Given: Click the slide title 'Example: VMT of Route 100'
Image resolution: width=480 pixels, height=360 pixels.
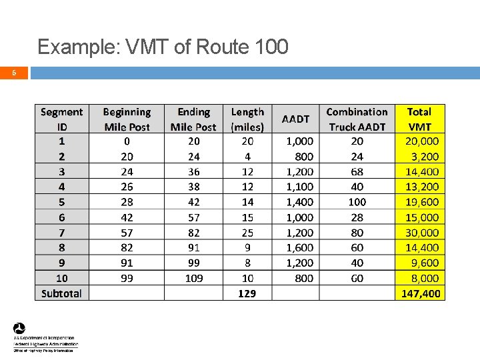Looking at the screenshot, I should pyautogui.click(x=163, y=47).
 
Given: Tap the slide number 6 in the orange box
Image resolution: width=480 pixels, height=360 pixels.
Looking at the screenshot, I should pyautogui.click(x=14, y=73).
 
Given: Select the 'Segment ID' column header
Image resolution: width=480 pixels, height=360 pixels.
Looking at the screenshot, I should pyautogui.click(x=61, y=119).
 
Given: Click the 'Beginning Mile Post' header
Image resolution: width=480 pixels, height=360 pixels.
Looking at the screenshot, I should pyautogui.click(x=127, y=119).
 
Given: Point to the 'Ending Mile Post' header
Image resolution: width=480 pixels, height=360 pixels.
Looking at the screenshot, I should pyautogui.click(x=193, y=119).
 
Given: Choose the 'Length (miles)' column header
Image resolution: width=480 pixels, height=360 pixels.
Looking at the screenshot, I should pyautogui.click(x=247, y=119).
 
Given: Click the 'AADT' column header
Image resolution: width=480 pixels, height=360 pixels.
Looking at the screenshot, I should pyautogui.click(x=295, y=119).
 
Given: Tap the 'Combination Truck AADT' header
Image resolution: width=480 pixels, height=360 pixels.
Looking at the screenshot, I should pyautogui.click(x=357, y=119).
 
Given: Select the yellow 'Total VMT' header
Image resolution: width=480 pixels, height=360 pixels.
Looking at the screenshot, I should pyautogui.click(x=419, y=119).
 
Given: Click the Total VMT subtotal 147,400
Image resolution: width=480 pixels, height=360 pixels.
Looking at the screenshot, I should pyautogui.click(x=421, y=293).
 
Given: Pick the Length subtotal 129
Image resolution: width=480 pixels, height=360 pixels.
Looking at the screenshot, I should pyautogui.click(x=247, y=293).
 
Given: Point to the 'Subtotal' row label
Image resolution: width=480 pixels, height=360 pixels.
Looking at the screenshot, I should pyautogui.click(x=61, y=293).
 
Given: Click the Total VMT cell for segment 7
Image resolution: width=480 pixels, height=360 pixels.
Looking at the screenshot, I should pyautogui.click(x=422, y=233).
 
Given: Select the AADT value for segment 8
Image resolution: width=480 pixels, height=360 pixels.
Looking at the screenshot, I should pyautogui.click(x=299, y=247).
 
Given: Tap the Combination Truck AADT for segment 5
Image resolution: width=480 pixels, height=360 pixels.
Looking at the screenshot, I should pyautogui.click(x=357, y=202).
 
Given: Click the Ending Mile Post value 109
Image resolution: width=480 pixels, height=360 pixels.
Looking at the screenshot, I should pyautogui.click(x=194, y=278).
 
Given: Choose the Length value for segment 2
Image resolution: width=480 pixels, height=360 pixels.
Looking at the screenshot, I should pyautogui.click(x=247, y=157).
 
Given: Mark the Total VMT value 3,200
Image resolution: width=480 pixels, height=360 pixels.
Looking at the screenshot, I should pyautogui.click(x=425, y=157).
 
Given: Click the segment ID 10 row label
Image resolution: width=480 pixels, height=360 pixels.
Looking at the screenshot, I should pyautogui.click(x=61, y=278).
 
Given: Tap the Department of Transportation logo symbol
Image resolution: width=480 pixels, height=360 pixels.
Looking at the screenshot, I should pyautogui.click(x=19, y=329).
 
